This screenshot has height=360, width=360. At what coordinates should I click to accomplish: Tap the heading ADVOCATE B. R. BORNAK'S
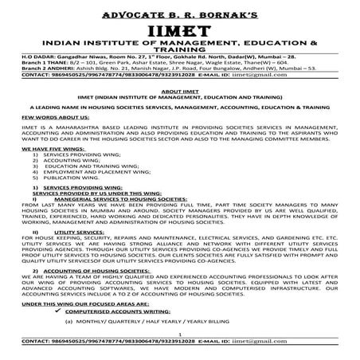[x=179, y=10]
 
